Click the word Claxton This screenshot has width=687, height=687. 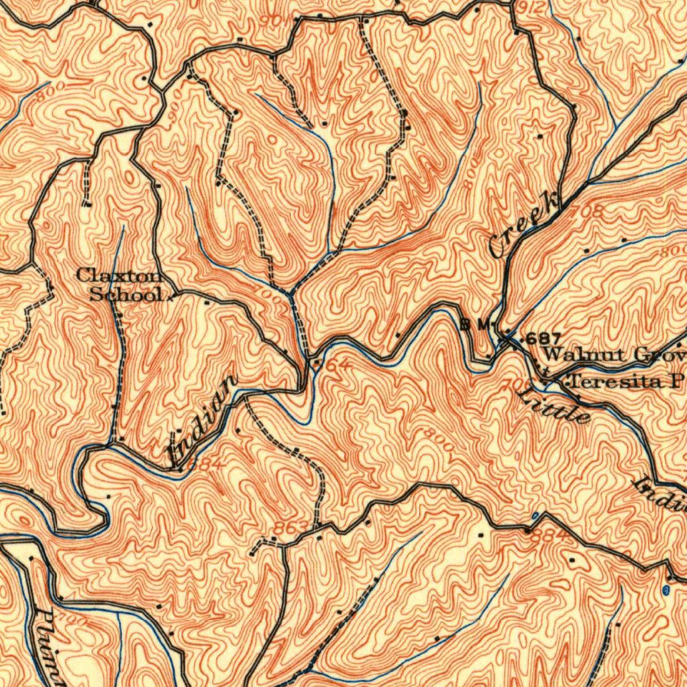[x=119, y=275]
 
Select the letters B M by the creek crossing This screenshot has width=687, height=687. [x=476, y=325]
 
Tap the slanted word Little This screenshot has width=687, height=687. [x=554, y=403]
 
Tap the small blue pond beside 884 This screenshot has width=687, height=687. [x=535, y=516]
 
